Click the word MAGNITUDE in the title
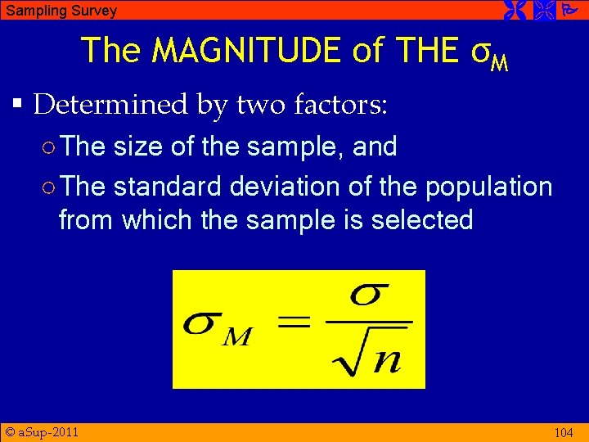click(248, 51)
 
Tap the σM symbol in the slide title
click(491, 54)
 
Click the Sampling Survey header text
click(61, 11)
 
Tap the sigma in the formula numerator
click(369, 296)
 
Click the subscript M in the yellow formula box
click(237, 336)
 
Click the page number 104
click(563, 433)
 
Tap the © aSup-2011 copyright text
click(42, 431)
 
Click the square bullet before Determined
click(18, 105)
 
